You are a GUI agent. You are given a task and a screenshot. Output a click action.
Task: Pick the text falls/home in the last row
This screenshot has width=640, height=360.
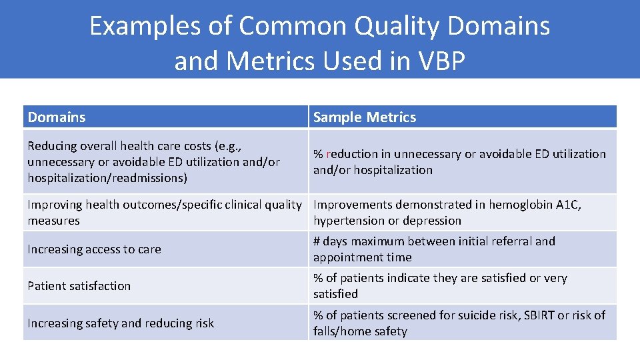338,331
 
